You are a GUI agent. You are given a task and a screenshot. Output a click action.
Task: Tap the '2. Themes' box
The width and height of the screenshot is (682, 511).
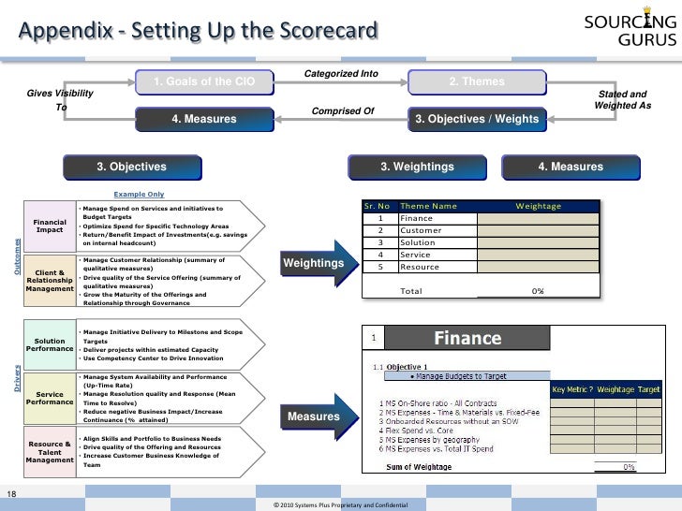click(477, 82)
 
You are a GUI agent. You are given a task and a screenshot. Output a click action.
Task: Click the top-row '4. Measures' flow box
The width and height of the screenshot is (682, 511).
click(204, 120)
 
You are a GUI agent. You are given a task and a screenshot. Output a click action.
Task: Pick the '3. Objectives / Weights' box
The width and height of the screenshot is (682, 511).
click(477, 120)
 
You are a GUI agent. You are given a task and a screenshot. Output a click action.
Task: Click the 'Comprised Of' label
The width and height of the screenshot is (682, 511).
click(342, 111)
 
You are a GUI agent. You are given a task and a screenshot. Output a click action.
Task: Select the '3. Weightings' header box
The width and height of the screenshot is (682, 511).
click(417, 167)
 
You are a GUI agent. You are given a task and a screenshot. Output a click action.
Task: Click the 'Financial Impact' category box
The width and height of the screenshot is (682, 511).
click(50, 226)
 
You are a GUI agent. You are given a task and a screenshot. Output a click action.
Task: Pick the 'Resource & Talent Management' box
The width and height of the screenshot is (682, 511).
click(50, 453)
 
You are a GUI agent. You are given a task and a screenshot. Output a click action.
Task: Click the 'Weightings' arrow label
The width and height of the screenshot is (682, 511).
click(313, 265)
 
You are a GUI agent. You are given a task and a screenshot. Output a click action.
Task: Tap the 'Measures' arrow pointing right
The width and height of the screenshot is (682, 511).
click(313, 416)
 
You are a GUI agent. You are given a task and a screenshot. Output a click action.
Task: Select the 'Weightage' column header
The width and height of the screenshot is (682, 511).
click(538, 206)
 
